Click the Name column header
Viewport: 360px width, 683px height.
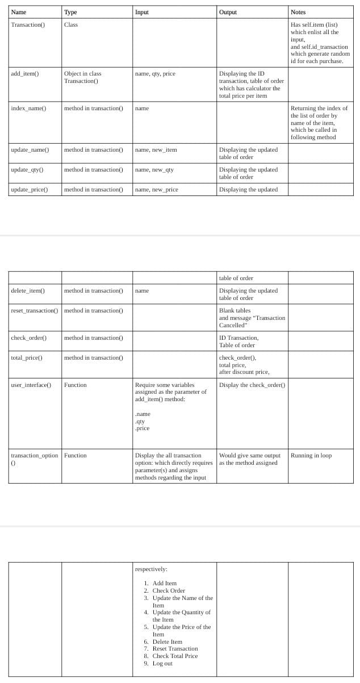pyautogui.click(x=18, y=12)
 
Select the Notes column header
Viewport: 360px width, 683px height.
pyautogui.click(x=298, y=12)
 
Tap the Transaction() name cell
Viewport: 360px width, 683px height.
pyautogui.click(x=28, y=25)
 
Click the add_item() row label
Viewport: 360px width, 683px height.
pyautogui.click(x=25, y=74)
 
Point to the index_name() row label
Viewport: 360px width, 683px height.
pyautogui.click(x=28, y=108)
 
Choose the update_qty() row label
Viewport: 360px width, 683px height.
pyautogui.click(x=28, y=170)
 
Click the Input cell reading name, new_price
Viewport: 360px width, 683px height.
pyautogui.click(x=157, y=190)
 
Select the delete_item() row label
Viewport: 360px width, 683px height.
pyautogui.click(x=28, y=291)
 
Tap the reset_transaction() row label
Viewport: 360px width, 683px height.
pyautogui.click(x=34, y=311)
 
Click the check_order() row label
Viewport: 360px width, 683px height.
pyautogui.click(x=28, y=338)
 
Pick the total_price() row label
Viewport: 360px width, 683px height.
pyautogui.click(x=27, y=358)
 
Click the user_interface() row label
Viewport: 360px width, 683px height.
pyautogui.click(x=31, y=385)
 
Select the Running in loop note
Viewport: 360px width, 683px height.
pyautogui.click(x=311, y=456)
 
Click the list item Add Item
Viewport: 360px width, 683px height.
pyautogui.click(x=165, y=584)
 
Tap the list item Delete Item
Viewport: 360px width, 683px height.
pyautogui.click(x=168, y=642)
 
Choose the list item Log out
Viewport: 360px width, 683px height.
pyautogui.click(x=162, y=664)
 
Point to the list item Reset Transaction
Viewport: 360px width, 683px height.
pyautogui.click(x=175, y=649)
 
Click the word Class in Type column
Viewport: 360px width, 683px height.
pyautogui.click(x=71, y=25)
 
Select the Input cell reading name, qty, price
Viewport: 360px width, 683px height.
pyautogui.click(x=155, y=74)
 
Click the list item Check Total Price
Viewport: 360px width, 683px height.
pyautogui.click(x=175, y=656)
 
